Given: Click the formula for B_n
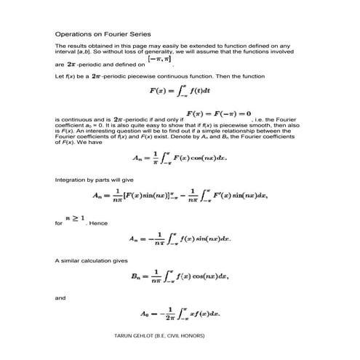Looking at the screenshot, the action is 180,276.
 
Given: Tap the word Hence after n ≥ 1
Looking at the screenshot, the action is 98,223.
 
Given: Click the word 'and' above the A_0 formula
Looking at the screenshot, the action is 60,297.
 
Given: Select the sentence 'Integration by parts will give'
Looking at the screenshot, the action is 86,178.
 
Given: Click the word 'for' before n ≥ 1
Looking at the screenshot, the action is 59,223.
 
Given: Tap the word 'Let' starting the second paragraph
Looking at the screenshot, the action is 59,76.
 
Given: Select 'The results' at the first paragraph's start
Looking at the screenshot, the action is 70,45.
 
